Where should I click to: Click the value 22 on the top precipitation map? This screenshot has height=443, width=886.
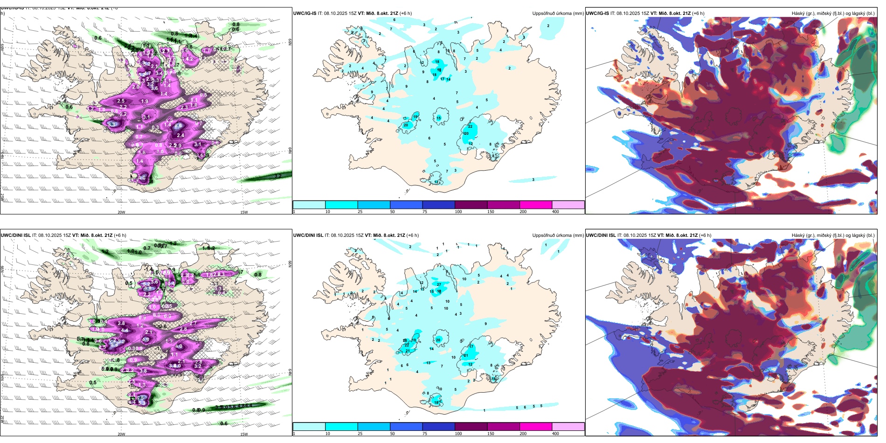click(470, 126)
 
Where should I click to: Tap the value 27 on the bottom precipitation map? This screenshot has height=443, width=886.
click(439, 284)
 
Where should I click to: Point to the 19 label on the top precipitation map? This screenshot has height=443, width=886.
click(415, 116)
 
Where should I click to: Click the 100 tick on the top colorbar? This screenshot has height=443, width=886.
click(458, 212)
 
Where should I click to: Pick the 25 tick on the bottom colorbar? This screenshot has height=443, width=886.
click(360, 434)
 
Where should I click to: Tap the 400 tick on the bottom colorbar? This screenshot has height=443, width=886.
click(555, 434)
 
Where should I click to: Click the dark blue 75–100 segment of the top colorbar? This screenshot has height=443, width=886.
click(438, 205)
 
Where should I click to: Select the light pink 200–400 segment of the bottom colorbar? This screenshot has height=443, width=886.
click(568, 427)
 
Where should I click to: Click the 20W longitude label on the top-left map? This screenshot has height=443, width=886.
click(121, 212)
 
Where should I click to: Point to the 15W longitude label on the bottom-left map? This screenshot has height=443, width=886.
click(243, 434)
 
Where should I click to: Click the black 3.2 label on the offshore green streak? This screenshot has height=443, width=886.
click(277, 176)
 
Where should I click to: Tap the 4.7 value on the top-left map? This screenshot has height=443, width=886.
click(147, 73)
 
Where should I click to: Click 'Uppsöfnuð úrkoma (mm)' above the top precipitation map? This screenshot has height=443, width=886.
click(558, 14)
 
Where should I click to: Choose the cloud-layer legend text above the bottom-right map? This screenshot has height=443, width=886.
click(833, 235)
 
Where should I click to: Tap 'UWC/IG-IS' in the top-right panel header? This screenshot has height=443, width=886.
click(597, 14)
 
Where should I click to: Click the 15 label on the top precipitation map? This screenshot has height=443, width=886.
click(438, 118)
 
